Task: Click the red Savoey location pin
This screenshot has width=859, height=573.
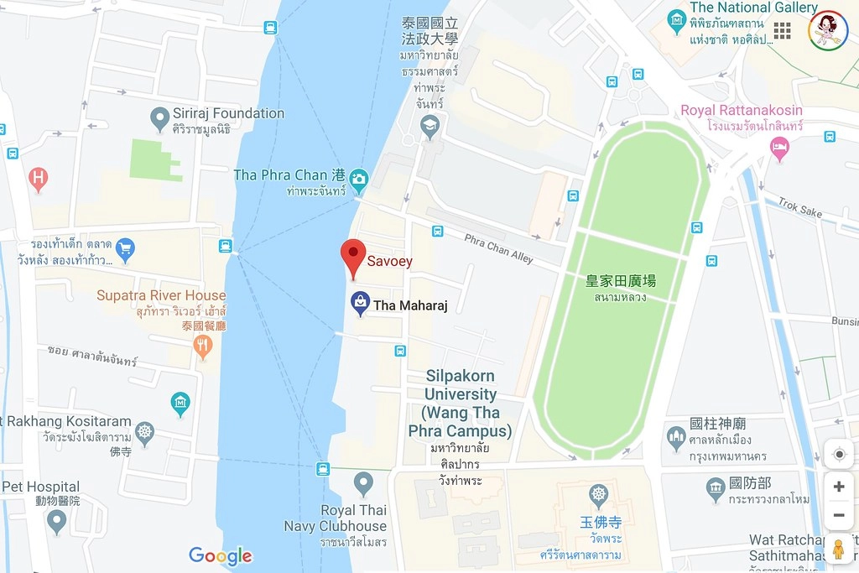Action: tap(353, 255)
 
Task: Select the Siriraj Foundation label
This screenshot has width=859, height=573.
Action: tap(228, 113)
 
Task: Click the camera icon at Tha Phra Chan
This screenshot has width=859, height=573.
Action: tap(359, 177)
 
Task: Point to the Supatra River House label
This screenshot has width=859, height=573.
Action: tap(161, 295)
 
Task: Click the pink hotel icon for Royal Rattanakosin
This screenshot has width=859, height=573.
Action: tap(779, 148)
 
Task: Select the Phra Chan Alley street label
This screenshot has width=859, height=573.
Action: tap(499, 248)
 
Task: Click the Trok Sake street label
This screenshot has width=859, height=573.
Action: tap(799, 207)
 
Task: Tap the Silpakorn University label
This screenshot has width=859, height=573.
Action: tap(460, 403)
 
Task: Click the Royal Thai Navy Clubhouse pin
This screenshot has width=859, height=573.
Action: tap(363, 482)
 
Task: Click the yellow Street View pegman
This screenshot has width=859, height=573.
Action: tap(838, 550)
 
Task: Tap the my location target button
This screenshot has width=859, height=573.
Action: tap(838, 455)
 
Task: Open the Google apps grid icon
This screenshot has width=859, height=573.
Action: tap(782, 31)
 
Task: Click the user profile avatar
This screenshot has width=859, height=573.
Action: tap(828, 30)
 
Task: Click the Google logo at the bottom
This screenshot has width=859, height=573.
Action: tap(220, 555)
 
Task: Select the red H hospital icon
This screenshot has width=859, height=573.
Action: tap(38, 178)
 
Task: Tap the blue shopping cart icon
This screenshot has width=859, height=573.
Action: tap(126, 247)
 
